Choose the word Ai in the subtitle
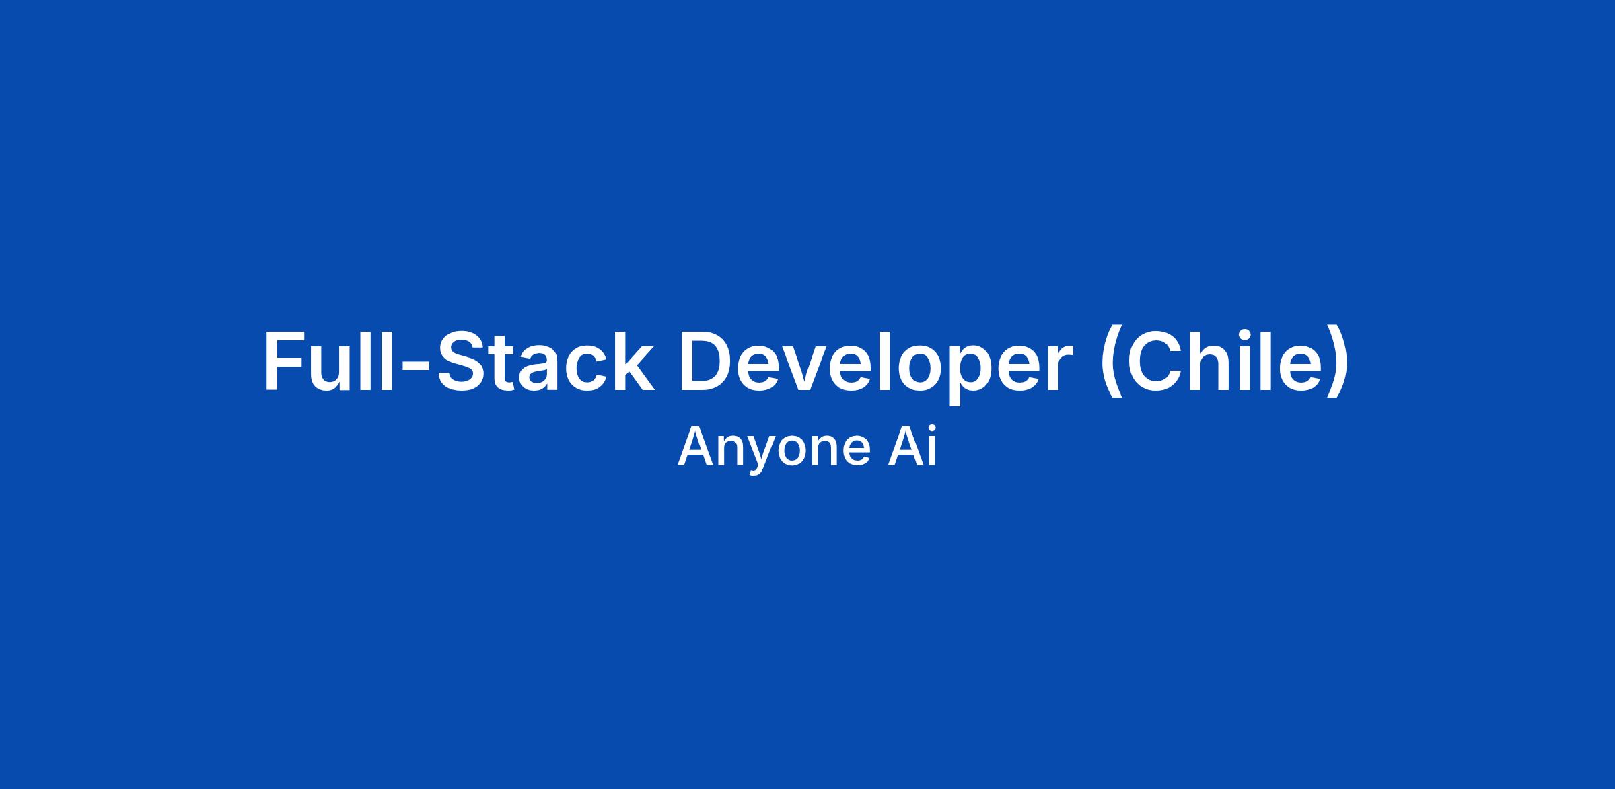pyautogui.click(x=912, y=447)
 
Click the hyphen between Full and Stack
pyautogui.click(x=415, y=367)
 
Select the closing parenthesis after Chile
pyautogui.click(x=1335, y=363)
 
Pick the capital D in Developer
pyautogui.click(x=707, y=360)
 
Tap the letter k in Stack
pyautogui.click(x=633, y=360)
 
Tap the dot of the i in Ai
pyautogui.click(x=931, y=431)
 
